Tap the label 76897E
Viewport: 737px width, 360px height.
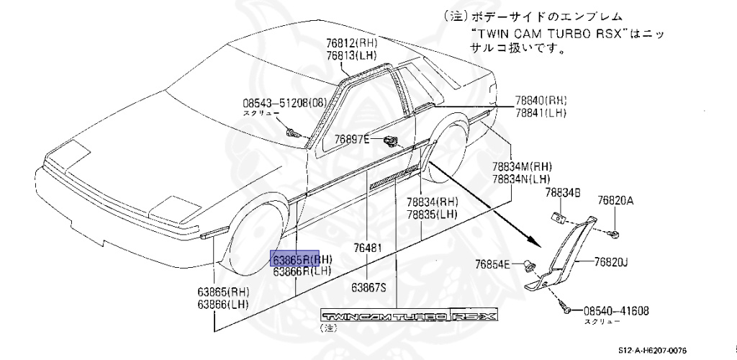coord(352,138)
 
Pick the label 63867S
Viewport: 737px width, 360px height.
coord(368,287)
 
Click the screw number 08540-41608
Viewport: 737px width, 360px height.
coord(611,311)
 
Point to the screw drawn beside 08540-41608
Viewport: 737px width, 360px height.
coord(566,310)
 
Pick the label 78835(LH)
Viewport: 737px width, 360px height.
coord(432,215)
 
